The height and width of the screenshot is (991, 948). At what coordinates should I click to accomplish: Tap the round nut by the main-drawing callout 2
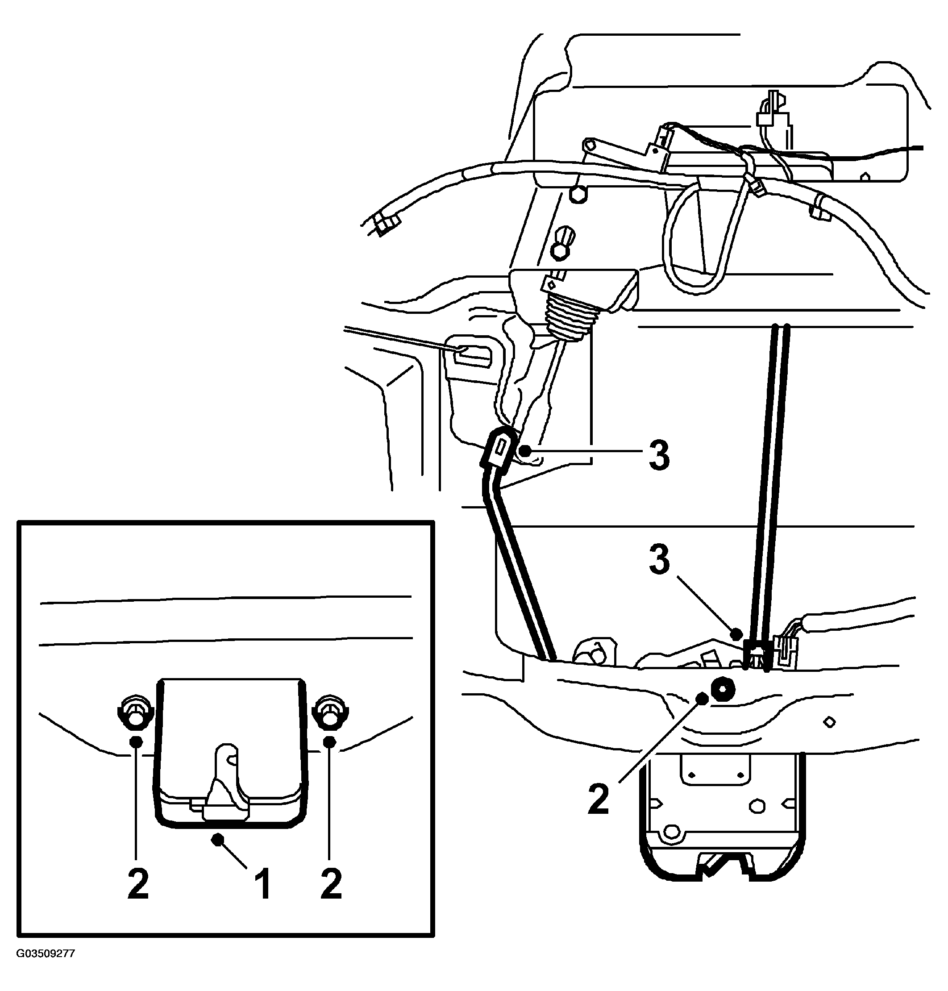tap(723, 688)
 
